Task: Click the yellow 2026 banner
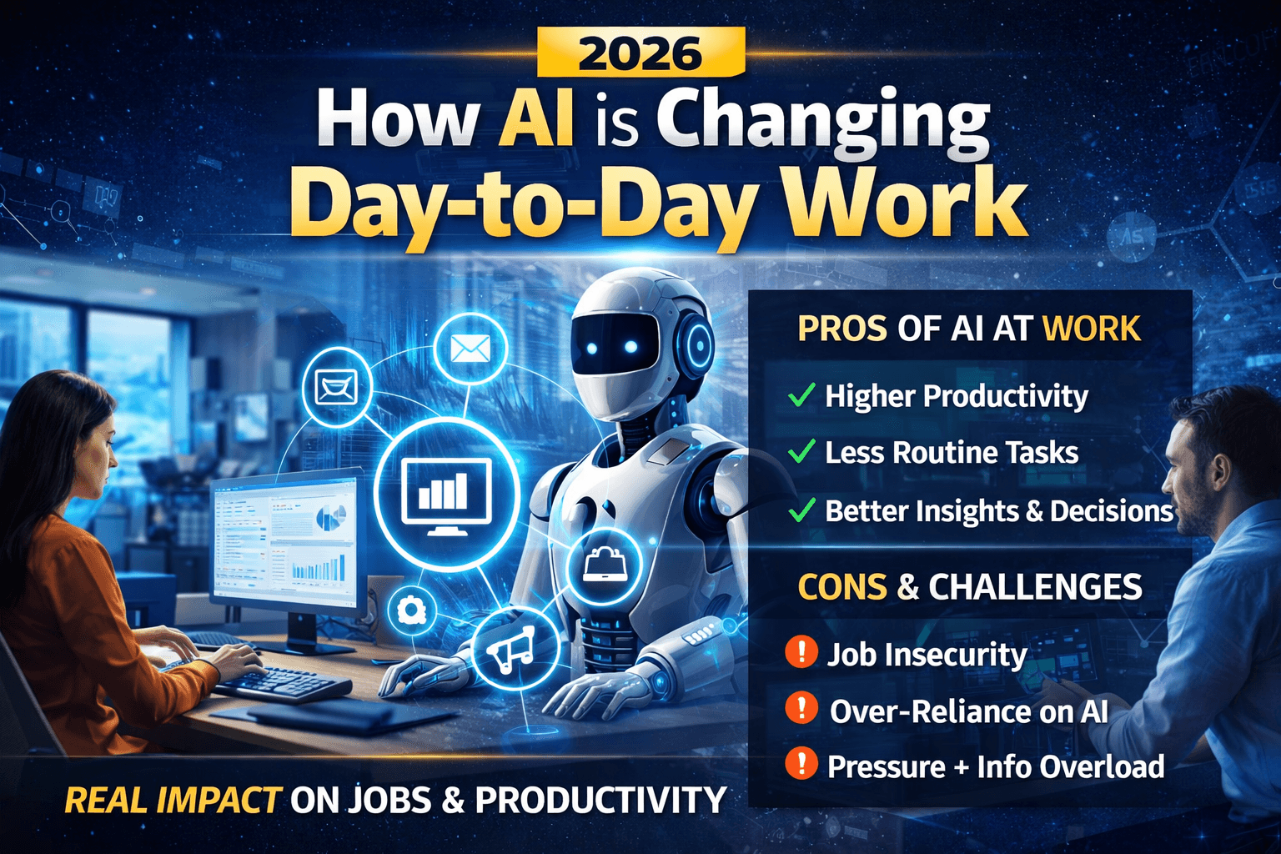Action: pos(640,53)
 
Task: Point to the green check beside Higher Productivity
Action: pos(801,395)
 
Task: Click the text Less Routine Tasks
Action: pos(951,453)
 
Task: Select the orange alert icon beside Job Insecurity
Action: pos(801,651)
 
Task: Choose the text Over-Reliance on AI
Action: pos(968,711)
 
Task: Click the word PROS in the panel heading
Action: pos(841,329)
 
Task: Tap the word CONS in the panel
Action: pos(841,587)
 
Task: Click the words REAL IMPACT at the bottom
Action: pos(172,801)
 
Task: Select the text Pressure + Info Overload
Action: pos(995,766)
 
